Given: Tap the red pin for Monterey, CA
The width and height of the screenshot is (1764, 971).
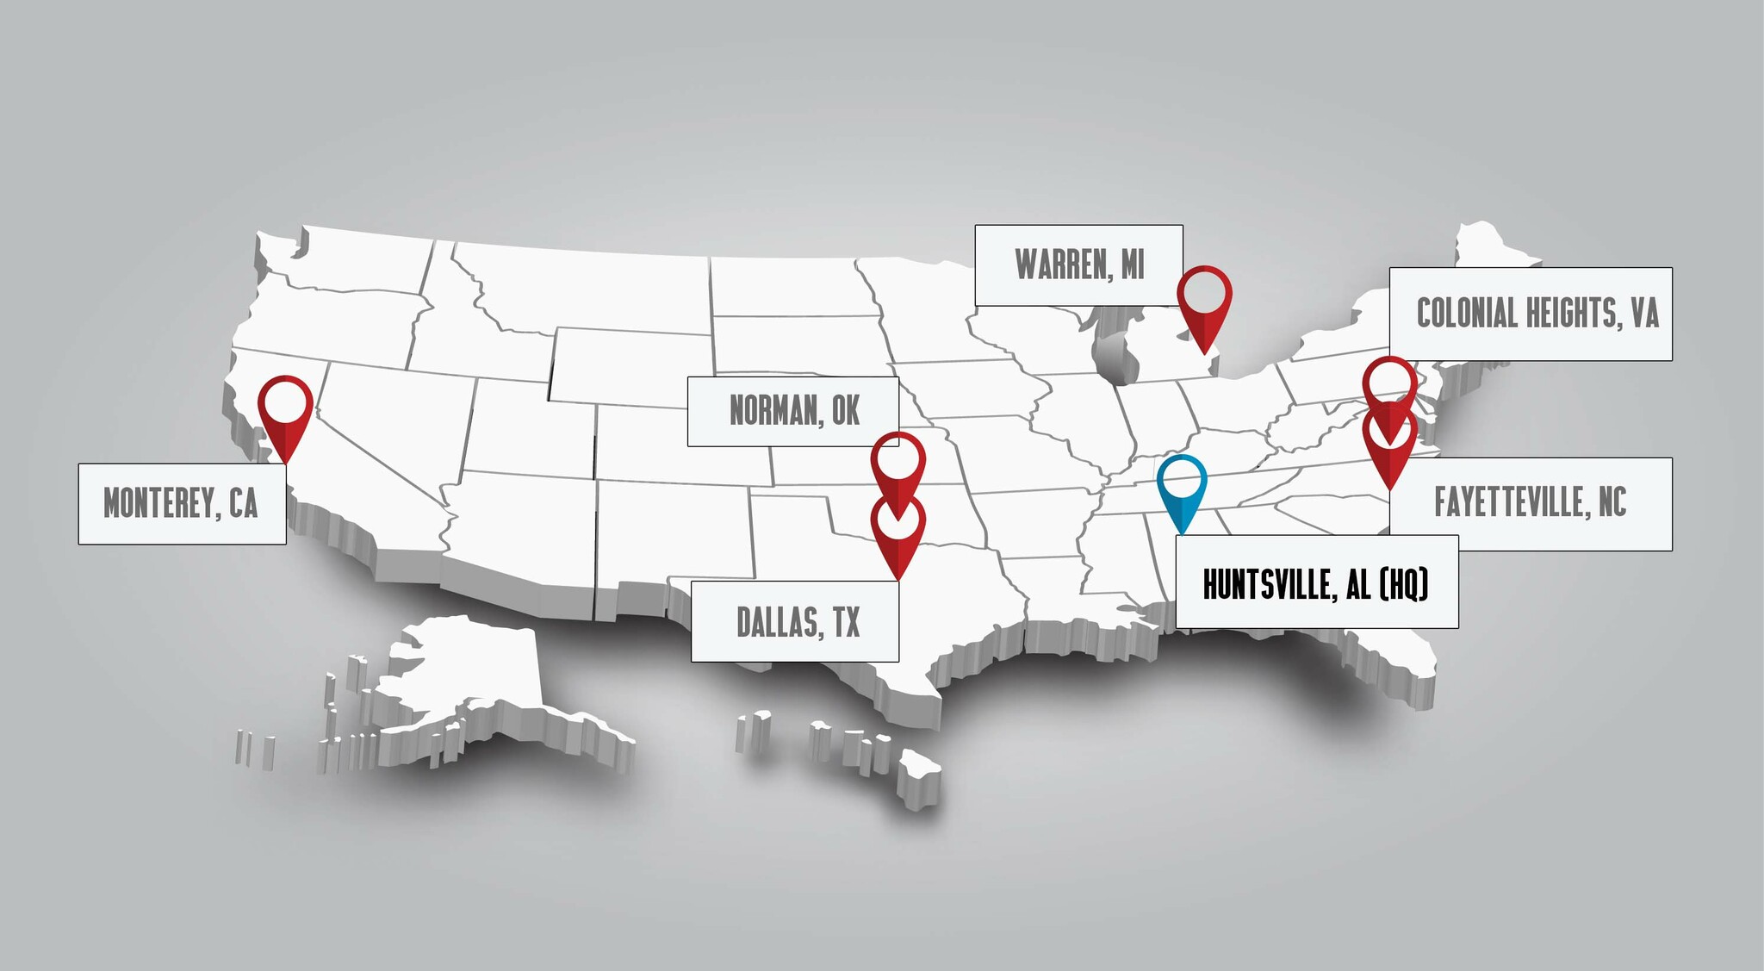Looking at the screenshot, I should [x=285, y=408].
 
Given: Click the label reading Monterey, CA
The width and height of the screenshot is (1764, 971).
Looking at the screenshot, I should [x=182, y=504].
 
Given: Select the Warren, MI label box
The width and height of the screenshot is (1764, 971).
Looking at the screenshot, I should [x=1078, y=265].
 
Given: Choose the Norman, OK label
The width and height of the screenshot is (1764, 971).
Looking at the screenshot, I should [x=793, y=411].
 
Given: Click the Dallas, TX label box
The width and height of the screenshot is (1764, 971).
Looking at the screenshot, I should [x=795, y=622].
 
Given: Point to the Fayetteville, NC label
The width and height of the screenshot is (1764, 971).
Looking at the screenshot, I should [x=1530, y=503].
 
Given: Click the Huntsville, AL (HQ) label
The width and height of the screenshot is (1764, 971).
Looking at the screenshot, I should [x=1316, y=583].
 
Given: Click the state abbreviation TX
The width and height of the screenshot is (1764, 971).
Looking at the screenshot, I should [x=846, y=622].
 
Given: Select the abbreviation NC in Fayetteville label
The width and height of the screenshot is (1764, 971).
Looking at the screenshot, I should [x=1612, y=503].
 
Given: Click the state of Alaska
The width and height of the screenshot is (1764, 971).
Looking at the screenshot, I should [x=465, y=681].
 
